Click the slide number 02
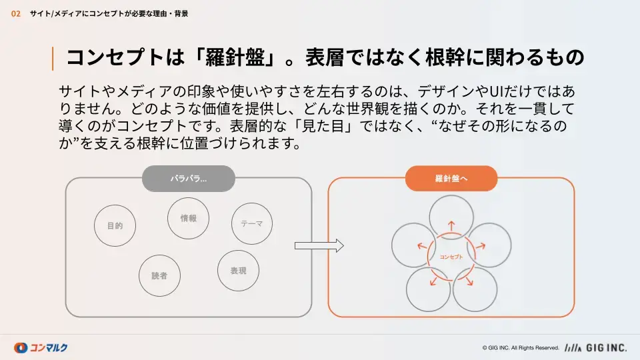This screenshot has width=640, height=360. tap(15, 14)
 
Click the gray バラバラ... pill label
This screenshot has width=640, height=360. tap(189, 179)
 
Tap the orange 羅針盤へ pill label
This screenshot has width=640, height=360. tap(451, 179)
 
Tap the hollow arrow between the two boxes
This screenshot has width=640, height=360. tap(319, 246)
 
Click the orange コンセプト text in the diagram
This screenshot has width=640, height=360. tap(451, 257)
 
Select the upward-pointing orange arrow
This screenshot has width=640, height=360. tap(451, 226)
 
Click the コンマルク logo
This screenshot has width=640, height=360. tap(41, 348)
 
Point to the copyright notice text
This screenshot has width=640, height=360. tap(521, 348)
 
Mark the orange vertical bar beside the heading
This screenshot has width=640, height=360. tap(53, 59)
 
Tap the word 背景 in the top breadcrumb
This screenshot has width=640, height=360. tap(181, 14)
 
